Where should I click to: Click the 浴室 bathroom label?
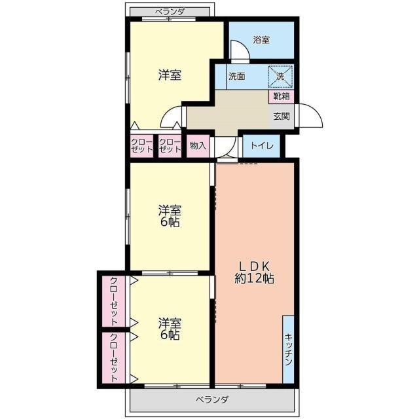click(x=261, y=40)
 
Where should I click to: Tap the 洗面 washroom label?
click(x=237, y=77)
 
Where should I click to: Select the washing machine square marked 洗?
click(x=280, y=77)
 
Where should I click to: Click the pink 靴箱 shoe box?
click(x=281, y=96)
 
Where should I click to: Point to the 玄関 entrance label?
click(x=282, y=117)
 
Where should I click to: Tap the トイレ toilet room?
click(x=262, y=146)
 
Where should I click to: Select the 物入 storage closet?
click(x=198, y=146)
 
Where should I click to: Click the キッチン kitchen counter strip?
click(x=288, y=349)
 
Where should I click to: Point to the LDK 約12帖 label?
click(x=254, y=272)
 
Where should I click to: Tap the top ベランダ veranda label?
click(x=170, y=12)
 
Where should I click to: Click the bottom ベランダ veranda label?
click(x=212, y=400)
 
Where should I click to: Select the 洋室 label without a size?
click(x=170, y=75)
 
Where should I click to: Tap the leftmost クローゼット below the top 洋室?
click(x=141, y=145)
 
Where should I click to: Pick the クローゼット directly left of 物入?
click(x=170, y=145)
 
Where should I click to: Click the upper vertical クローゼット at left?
click(x=114, y=301)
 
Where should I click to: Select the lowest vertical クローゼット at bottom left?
click(x=114, y=357)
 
